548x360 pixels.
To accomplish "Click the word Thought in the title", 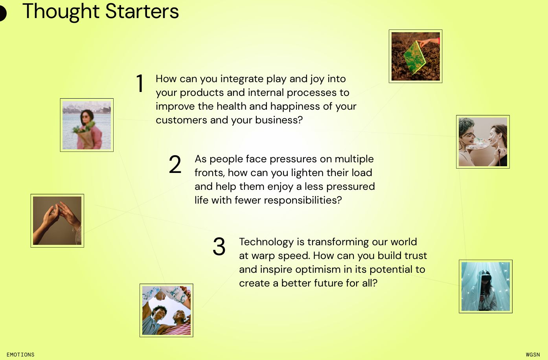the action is [x=61, y=12].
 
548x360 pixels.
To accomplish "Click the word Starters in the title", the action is [x=142, y=11].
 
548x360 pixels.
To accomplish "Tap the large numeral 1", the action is [x=140, y=83].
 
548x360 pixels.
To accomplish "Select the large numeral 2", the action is [x=175, y=164].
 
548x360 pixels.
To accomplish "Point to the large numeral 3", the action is [x=219, y=246].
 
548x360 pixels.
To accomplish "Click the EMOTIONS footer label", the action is [x=20, y=354].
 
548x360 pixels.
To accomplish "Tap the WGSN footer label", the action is [x=533, y=354].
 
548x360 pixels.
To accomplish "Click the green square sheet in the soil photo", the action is [x=415, y=57].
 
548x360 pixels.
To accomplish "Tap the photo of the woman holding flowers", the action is [x=87, y=125].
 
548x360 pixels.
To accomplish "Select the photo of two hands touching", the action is [x=57, y=220].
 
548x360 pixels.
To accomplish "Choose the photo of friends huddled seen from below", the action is [x=166, y=310].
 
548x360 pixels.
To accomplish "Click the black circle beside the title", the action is [x=2, y=13].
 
